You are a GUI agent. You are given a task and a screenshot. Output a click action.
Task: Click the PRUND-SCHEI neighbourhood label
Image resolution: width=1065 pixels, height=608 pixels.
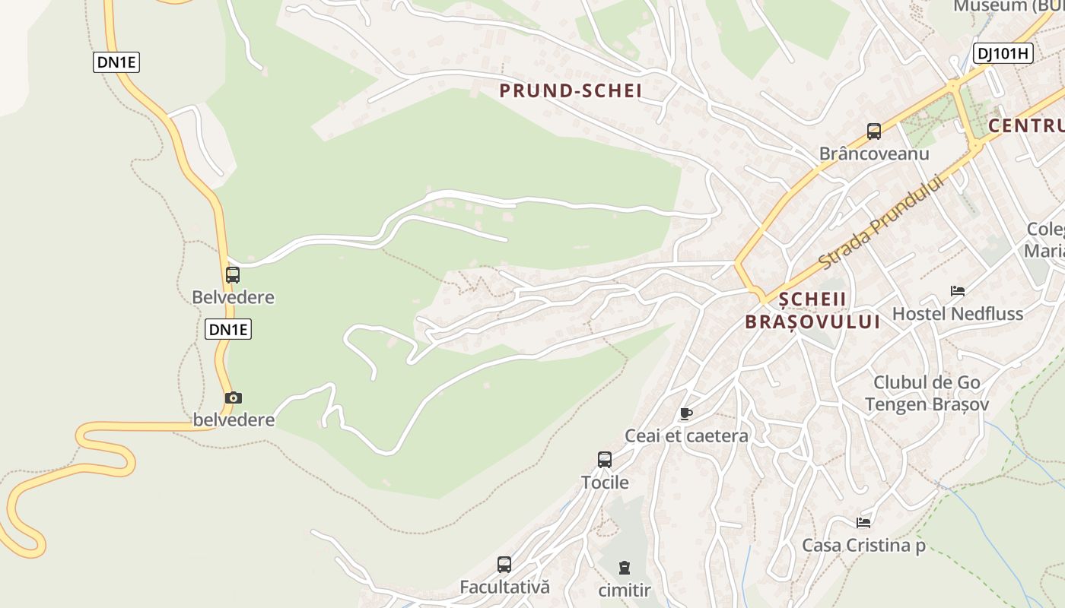click(x=571, y=91)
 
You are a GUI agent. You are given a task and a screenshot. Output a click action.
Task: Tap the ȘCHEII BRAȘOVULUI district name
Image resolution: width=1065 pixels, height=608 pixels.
click(x=812, y=310)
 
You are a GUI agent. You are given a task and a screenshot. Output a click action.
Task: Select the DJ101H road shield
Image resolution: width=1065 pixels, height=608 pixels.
click(x=1003, y=53)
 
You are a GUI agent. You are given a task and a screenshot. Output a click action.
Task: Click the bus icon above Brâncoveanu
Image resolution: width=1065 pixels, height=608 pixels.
click(x=874, y=131)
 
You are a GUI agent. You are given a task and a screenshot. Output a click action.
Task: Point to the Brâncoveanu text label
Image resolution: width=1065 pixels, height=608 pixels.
click(x=874, y=154)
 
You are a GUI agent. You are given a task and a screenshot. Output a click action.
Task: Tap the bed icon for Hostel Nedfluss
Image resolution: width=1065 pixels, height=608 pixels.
click(x=958, y=291)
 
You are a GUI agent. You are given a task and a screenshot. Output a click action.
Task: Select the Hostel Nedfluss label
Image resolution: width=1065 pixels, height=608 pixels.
click(x=958, y=314)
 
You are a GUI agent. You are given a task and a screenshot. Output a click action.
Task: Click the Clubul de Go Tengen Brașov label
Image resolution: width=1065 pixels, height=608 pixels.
click(x=927, y=393)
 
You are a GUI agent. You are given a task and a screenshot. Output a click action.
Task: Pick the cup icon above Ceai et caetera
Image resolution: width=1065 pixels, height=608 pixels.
click(x=685, y=414)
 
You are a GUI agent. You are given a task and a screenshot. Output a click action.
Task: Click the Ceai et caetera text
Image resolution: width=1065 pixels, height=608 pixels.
click(x=686, y=436)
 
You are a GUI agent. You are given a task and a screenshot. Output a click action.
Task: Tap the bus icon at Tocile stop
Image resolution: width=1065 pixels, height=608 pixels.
click(x=605, y=460)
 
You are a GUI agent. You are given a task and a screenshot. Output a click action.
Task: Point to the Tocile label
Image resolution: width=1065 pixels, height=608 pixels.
click(x=605, y=483)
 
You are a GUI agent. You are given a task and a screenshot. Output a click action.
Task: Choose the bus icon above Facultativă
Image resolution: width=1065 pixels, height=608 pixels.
click(x=504, y=565)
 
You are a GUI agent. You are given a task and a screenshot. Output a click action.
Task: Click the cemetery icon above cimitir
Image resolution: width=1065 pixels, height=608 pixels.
click(x=625, y=568)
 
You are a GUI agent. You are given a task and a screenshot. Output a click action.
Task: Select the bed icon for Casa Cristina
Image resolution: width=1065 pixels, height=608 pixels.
click(x=863, y=523)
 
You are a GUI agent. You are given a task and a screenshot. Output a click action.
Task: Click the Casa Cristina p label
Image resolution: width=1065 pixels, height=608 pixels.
click(x=863, y=546)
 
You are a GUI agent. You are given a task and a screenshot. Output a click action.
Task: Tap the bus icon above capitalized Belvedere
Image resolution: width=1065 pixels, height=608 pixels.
click(x=233, y=275)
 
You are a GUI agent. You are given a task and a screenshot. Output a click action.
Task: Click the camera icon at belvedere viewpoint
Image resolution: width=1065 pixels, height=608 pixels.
click(x=234, y=397)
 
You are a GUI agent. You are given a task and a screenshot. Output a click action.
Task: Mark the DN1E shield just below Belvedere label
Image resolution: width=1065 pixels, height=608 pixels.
click(x=228, y=329)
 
